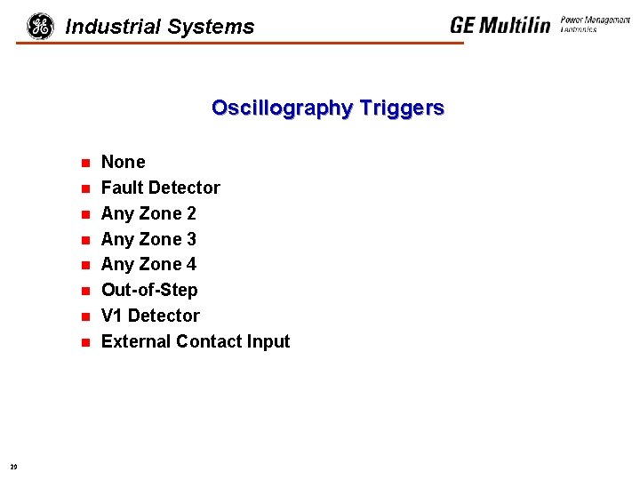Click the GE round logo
(x=40, y=27)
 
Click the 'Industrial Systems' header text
(x=160, y=28)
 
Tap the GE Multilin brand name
(x=500, y=25)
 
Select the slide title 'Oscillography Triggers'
(x=327, y=108)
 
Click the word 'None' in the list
(x=123, y=163)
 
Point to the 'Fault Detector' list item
(x=160, y=188)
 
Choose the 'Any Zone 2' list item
(x=148, y=214)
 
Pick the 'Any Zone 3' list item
(x=148, y=240)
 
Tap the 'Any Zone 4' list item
(x=148, y=265)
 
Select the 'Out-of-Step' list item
(x=149, y=291)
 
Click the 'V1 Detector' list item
(x=150, y=316)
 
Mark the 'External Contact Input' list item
(x=196, y=342)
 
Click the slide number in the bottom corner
(x=13, y=466)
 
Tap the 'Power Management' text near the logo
(x=595, y=20)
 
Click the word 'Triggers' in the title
(x=401, y=108)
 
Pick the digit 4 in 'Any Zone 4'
(x=191, y=265)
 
